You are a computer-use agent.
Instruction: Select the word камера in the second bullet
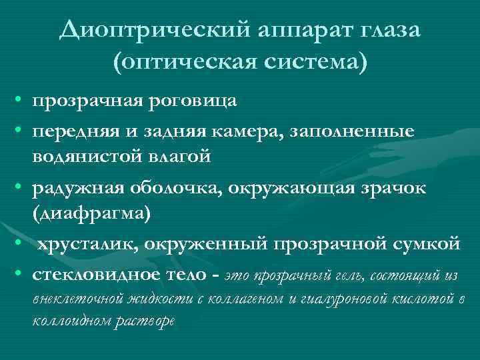[250, 132]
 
